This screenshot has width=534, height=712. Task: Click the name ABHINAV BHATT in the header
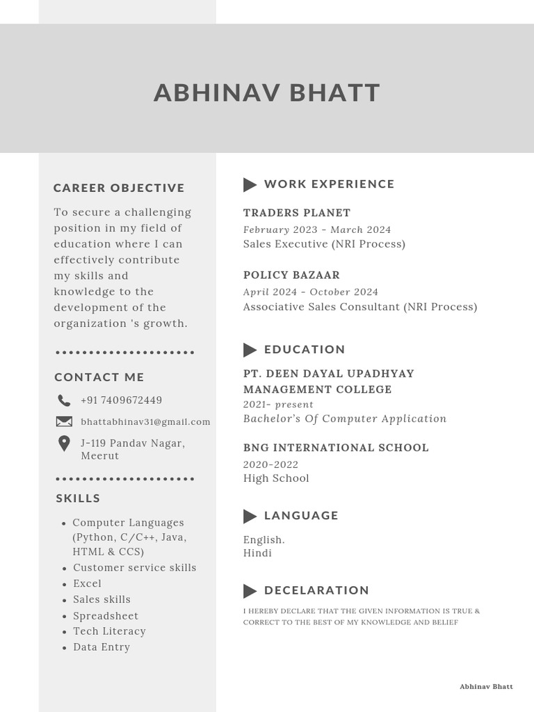[267, 93]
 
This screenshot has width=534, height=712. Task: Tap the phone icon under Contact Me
[64, 400]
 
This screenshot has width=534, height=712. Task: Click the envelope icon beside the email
[64, 421]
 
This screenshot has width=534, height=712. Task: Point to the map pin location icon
[64, 444]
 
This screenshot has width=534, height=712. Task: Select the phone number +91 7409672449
[122, 400]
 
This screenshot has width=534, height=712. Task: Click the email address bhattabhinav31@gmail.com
[145, 422]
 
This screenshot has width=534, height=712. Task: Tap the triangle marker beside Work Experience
[250, 184]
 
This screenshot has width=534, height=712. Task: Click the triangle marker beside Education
[250, 350]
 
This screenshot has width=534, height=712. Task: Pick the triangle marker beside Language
[250, 516]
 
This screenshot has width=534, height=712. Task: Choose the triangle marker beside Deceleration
[250, 591]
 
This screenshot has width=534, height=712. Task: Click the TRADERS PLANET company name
[297, 213]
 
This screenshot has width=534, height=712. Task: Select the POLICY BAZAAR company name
[291, 275]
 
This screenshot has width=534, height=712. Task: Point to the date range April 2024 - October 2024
[311, 292]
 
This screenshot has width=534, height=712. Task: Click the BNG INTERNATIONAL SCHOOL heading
[336, 448]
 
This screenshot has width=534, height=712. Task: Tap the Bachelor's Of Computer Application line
[345, 419]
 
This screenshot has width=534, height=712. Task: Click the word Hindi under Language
[257, 553]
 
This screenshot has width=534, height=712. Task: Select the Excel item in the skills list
[87, 584]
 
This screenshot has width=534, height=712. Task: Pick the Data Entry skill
[102, 647]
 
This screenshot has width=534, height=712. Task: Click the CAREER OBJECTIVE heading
[119, 188]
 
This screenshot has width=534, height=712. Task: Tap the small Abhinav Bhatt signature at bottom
[486, 687]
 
